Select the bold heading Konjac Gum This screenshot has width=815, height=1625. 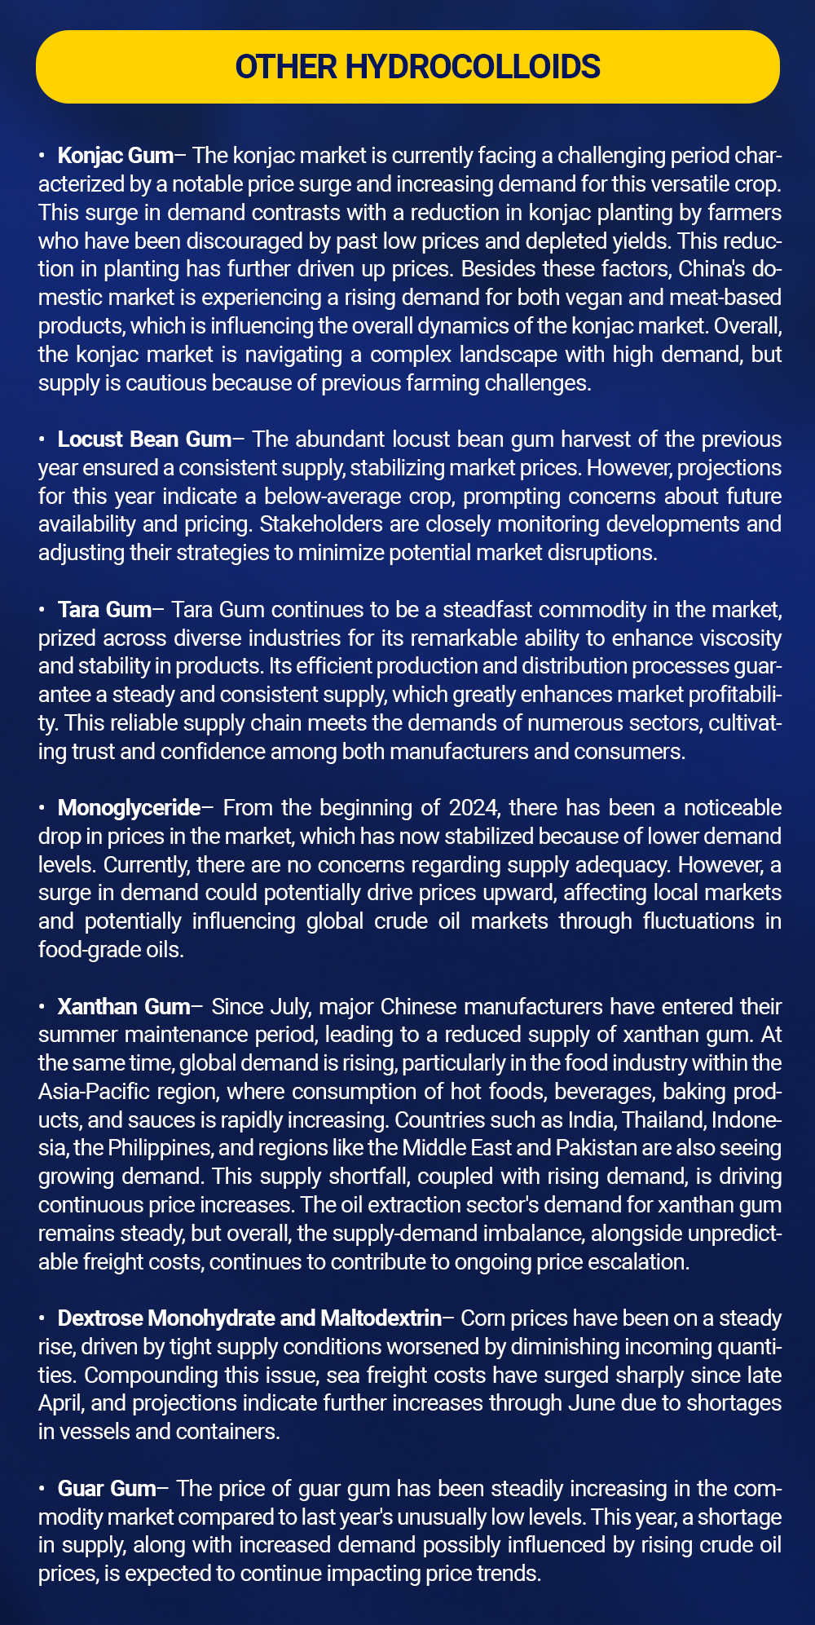pos(116,156)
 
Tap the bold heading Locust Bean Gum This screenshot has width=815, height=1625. pos(144,439)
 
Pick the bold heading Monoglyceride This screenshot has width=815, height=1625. pos(129,808)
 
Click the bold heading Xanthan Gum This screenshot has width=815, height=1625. pos(124,1006)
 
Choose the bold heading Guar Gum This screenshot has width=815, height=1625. pos(106,1488)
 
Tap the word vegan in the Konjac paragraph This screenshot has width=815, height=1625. pos(495,298)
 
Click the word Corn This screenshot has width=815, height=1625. pos(485,1318)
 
